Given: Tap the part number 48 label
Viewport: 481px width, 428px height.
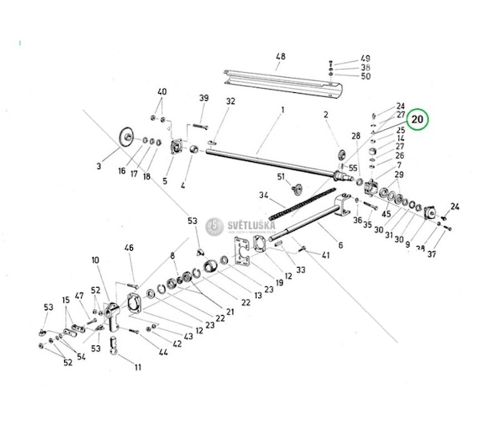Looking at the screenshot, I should tap(280, 56).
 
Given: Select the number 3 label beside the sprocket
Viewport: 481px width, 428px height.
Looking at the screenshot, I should tap(98, 166).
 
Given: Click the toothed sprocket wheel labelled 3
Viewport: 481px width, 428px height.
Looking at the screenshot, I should tap(124, 137).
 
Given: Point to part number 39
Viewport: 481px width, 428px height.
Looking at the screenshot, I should tap(204, 99).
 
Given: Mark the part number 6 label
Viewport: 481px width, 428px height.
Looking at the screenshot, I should tap(341, 245).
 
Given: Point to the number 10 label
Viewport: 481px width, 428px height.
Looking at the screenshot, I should tap(95, 260).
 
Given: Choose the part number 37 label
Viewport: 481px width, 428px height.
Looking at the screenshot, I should tap(431, 254).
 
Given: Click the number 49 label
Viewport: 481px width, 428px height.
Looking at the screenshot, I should tap(366, 59).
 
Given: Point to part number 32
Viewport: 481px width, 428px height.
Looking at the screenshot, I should tap(230, 101).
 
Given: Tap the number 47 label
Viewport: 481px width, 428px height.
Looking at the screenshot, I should tap(79, 297).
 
